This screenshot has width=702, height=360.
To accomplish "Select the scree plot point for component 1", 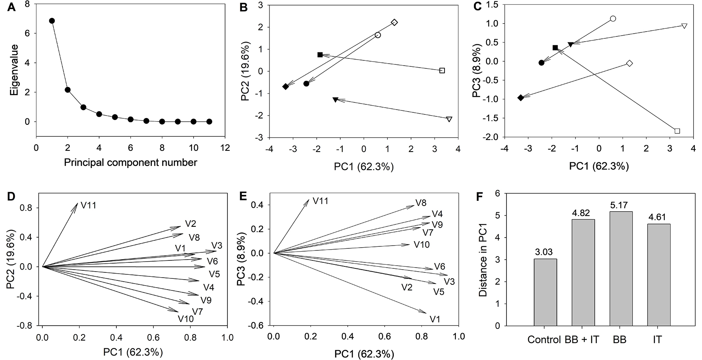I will (x=52, y=21).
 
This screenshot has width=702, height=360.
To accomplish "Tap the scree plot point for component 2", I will (x=68, y=90).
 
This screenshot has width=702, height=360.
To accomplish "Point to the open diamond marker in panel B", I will (x=394, y=22).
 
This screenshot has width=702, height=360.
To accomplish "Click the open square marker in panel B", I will (x=442, y=70).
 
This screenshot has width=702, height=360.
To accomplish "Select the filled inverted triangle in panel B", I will (x=335, y=99).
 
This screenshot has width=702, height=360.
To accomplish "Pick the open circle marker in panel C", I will (x=613, y=19).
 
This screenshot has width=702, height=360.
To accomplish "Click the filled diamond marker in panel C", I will (x=521, y=98).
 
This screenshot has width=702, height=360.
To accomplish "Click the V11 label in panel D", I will (x=89, y=206).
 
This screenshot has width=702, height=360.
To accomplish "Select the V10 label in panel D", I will (x=186, y=319).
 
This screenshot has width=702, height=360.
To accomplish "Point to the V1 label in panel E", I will (x=435, y=319).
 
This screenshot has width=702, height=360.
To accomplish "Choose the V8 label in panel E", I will (x=421, y=203).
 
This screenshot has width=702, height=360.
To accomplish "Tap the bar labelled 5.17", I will (x=621, y=268).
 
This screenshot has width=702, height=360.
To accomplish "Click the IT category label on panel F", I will (x=657, y=340).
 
